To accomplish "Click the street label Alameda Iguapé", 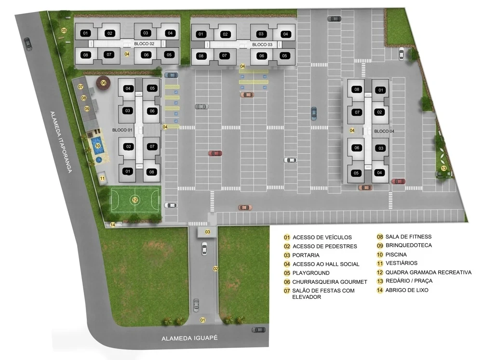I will (190, 339).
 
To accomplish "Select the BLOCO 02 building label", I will (144, 44).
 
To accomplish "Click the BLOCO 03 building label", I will (262, 45).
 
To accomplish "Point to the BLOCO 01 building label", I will (122, 130).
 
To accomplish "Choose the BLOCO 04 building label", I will (384, 131).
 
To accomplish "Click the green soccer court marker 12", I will (135, 200).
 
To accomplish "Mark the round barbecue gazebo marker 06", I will (103, 83).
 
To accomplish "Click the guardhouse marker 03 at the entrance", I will (208, 232).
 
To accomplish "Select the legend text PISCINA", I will (396, 254).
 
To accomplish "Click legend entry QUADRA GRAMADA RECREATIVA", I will (428, 272).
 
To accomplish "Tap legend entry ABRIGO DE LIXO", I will (407, 290).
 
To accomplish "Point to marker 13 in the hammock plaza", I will (444, 168).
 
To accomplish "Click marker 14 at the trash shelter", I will (113, 225).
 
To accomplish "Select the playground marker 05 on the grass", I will (64, 30).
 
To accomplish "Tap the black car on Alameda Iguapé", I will (259, 330).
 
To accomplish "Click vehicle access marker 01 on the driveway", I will (203, 320).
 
